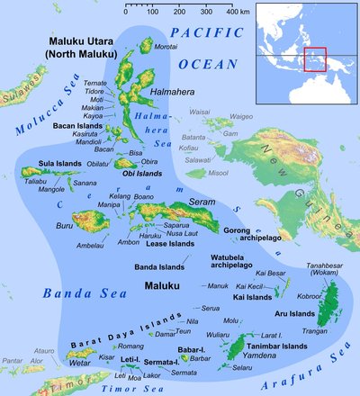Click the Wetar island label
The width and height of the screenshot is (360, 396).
(x=80, y=362)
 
